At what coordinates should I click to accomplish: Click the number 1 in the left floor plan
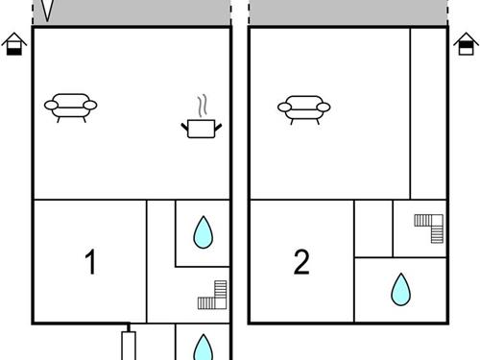90,262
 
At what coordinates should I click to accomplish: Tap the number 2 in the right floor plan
301,262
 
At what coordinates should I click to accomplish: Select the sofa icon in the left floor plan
71,108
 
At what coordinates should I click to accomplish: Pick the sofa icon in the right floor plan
303,109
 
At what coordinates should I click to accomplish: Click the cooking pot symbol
202,129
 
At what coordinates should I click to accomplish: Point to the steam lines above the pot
202,106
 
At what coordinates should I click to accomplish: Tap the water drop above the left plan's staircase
204,232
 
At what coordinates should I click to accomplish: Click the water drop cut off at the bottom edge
204,348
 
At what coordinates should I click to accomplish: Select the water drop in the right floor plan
400,289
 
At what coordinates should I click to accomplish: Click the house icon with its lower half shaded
14,44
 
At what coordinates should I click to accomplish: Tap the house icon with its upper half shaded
466,44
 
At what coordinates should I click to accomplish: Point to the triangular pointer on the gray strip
47,11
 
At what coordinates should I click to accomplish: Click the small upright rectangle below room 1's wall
129,346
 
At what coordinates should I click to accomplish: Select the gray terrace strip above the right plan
348,12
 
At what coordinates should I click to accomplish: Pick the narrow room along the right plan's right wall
428,113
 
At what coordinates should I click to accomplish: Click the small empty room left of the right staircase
373,228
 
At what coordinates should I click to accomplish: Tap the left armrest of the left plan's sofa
51,105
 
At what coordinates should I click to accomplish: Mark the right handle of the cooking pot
218,128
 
